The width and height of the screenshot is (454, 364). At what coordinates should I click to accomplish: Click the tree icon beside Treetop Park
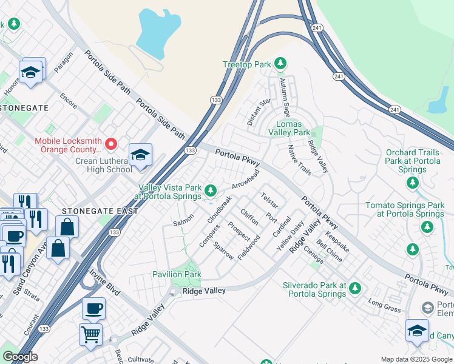coord(280,63)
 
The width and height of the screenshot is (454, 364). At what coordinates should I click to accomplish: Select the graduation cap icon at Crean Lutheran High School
coord(140,155)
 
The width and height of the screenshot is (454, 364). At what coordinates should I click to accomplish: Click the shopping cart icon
coord(90,334)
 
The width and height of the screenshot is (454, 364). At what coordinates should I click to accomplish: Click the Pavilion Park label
coord(177,275)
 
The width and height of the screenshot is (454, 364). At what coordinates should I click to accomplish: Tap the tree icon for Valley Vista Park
coord(211,191)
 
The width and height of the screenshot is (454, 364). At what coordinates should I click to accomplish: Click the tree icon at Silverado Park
coord(355,288)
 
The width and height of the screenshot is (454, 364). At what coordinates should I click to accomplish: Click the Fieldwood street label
coord(249,248)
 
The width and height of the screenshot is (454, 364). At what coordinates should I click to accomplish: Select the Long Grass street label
coord(384,306)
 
